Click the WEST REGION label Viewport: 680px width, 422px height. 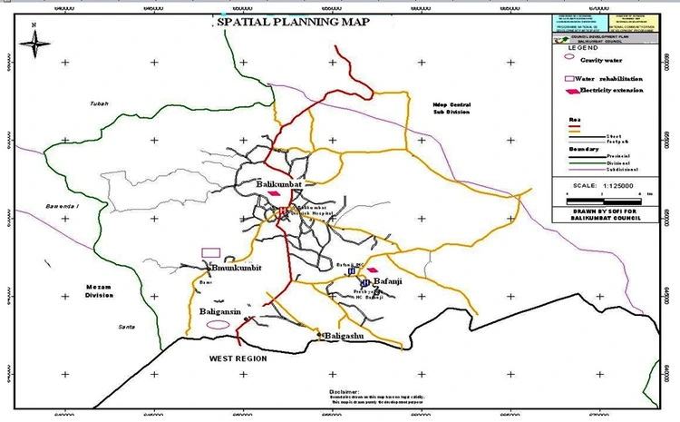coord(238,359)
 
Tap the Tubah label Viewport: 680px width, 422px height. coord(99,103)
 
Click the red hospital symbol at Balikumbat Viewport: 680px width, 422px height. coord(284,211)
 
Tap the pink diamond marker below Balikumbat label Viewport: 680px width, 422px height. coord(275,193)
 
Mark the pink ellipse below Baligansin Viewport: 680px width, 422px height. coord(218,324)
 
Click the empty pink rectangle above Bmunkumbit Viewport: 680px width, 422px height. coord(210,251)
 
